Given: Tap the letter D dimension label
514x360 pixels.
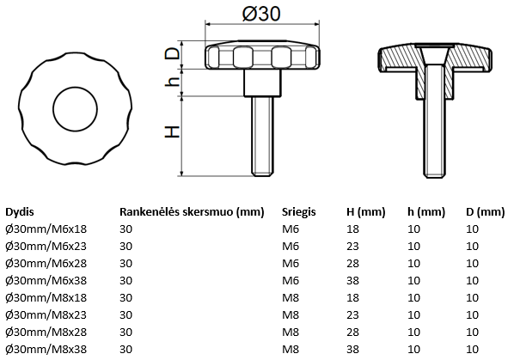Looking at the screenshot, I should [173, 53].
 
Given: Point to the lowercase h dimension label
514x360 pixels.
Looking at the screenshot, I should [173, 82].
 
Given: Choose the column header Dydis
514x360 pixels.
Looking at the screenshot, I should [21, 211].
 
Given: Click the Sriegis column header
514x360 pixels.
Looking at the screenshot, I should [298, 211].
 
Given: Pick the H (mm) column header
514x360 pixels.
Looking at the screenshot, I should [364, 211].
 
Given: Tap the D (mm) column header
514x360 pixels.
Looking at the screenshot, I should [485, 211].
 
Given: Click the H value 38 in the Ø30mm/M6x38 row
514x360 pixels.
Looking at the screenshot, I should [352, 280].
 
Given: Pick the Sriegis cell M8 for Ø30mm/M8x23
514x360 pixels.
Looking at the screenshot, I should [290, 315].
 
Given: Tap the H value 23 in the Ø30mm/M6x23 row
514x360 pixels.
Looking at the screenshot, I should [352, 246].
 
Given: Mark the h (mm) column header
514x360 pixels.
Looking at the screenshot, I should [425, 211].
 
